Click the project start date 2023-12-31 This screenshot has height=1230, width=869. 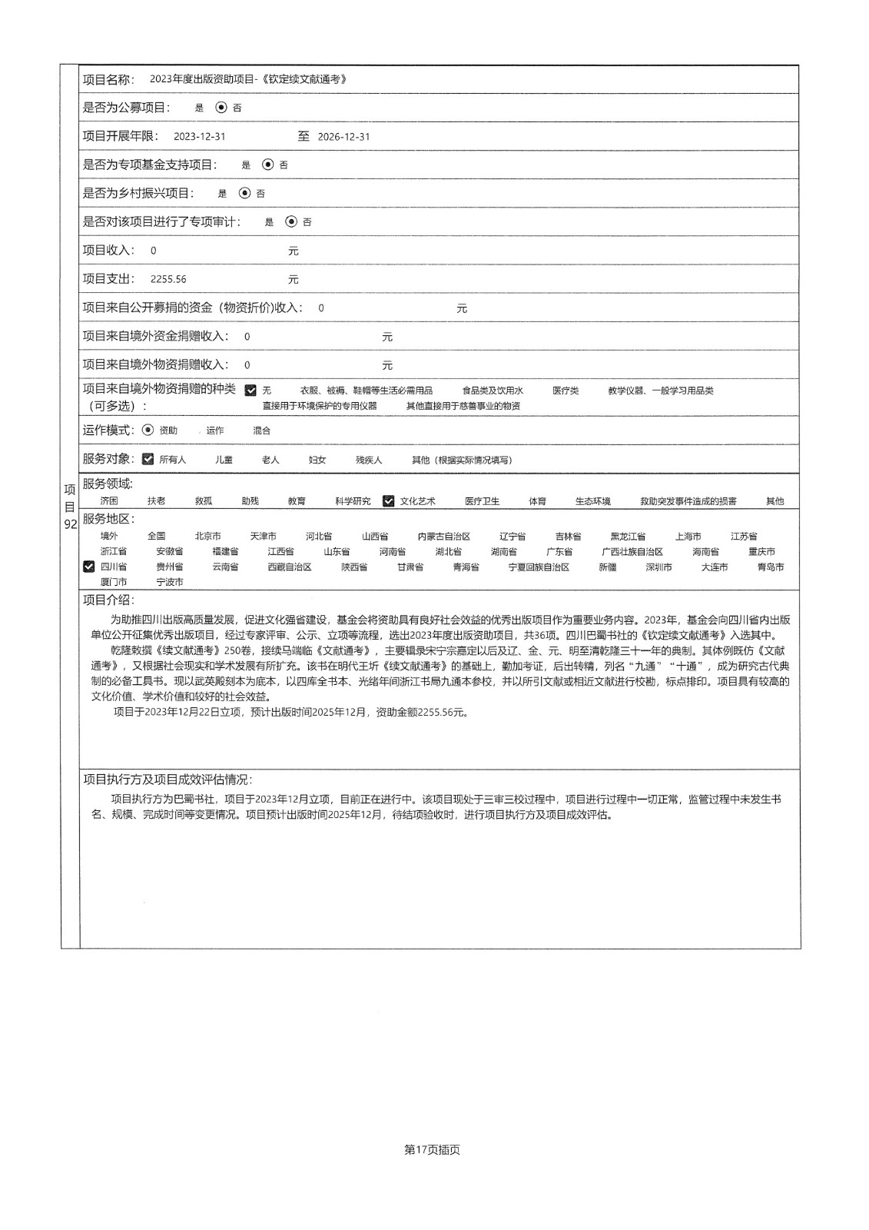click(200, 137)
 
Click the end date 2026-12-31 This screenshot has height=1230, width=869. click(343, 137)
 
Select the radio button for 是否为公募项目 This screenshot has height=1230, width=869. click(221, 108)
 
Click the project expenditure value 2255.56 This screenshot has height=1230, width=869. click(168, 279)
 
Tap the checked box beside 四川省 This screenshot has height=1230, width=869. click(89, 567)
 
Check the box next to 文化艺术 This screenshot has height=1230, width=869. click(389, 500)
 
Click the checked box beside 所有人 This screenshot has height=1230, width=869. click(148, 459)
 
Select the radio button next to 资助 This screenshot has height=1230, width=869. click(148, 430)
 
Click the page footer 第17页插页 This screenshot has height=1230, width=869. click(432, 1150)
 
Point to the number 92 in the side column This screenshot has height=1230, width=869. click(70, 524)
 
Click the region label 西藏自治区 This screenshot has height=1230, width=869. click(289, 567)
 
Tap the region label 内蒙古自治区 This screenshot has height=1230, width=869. click(443, 537)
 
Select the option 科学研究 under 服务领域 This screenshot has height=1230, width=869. click(352, 501)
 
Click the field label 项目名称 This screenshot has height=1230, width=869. click(108, 79)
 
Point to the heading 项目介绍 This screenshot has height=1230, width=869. click(108, 600)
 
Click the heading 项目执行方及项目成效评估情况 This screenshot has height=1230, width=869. click(167, 780)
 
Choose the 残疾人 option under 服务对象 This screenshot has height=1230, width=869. click(368, 460)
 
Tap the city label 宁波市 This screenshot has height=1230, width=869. click(170, 582)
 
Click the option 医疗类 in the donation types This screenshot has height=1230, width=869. click(566, 391)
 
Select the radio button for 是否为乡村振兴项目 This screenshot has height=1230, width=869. click(244, 193)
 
